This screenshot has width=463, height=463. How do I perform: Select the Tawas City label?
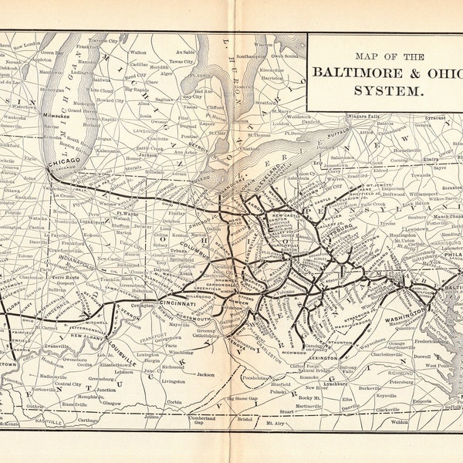tap(181, 60)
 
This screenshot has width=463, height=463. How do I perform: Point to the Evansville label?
tap(48, 347)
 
